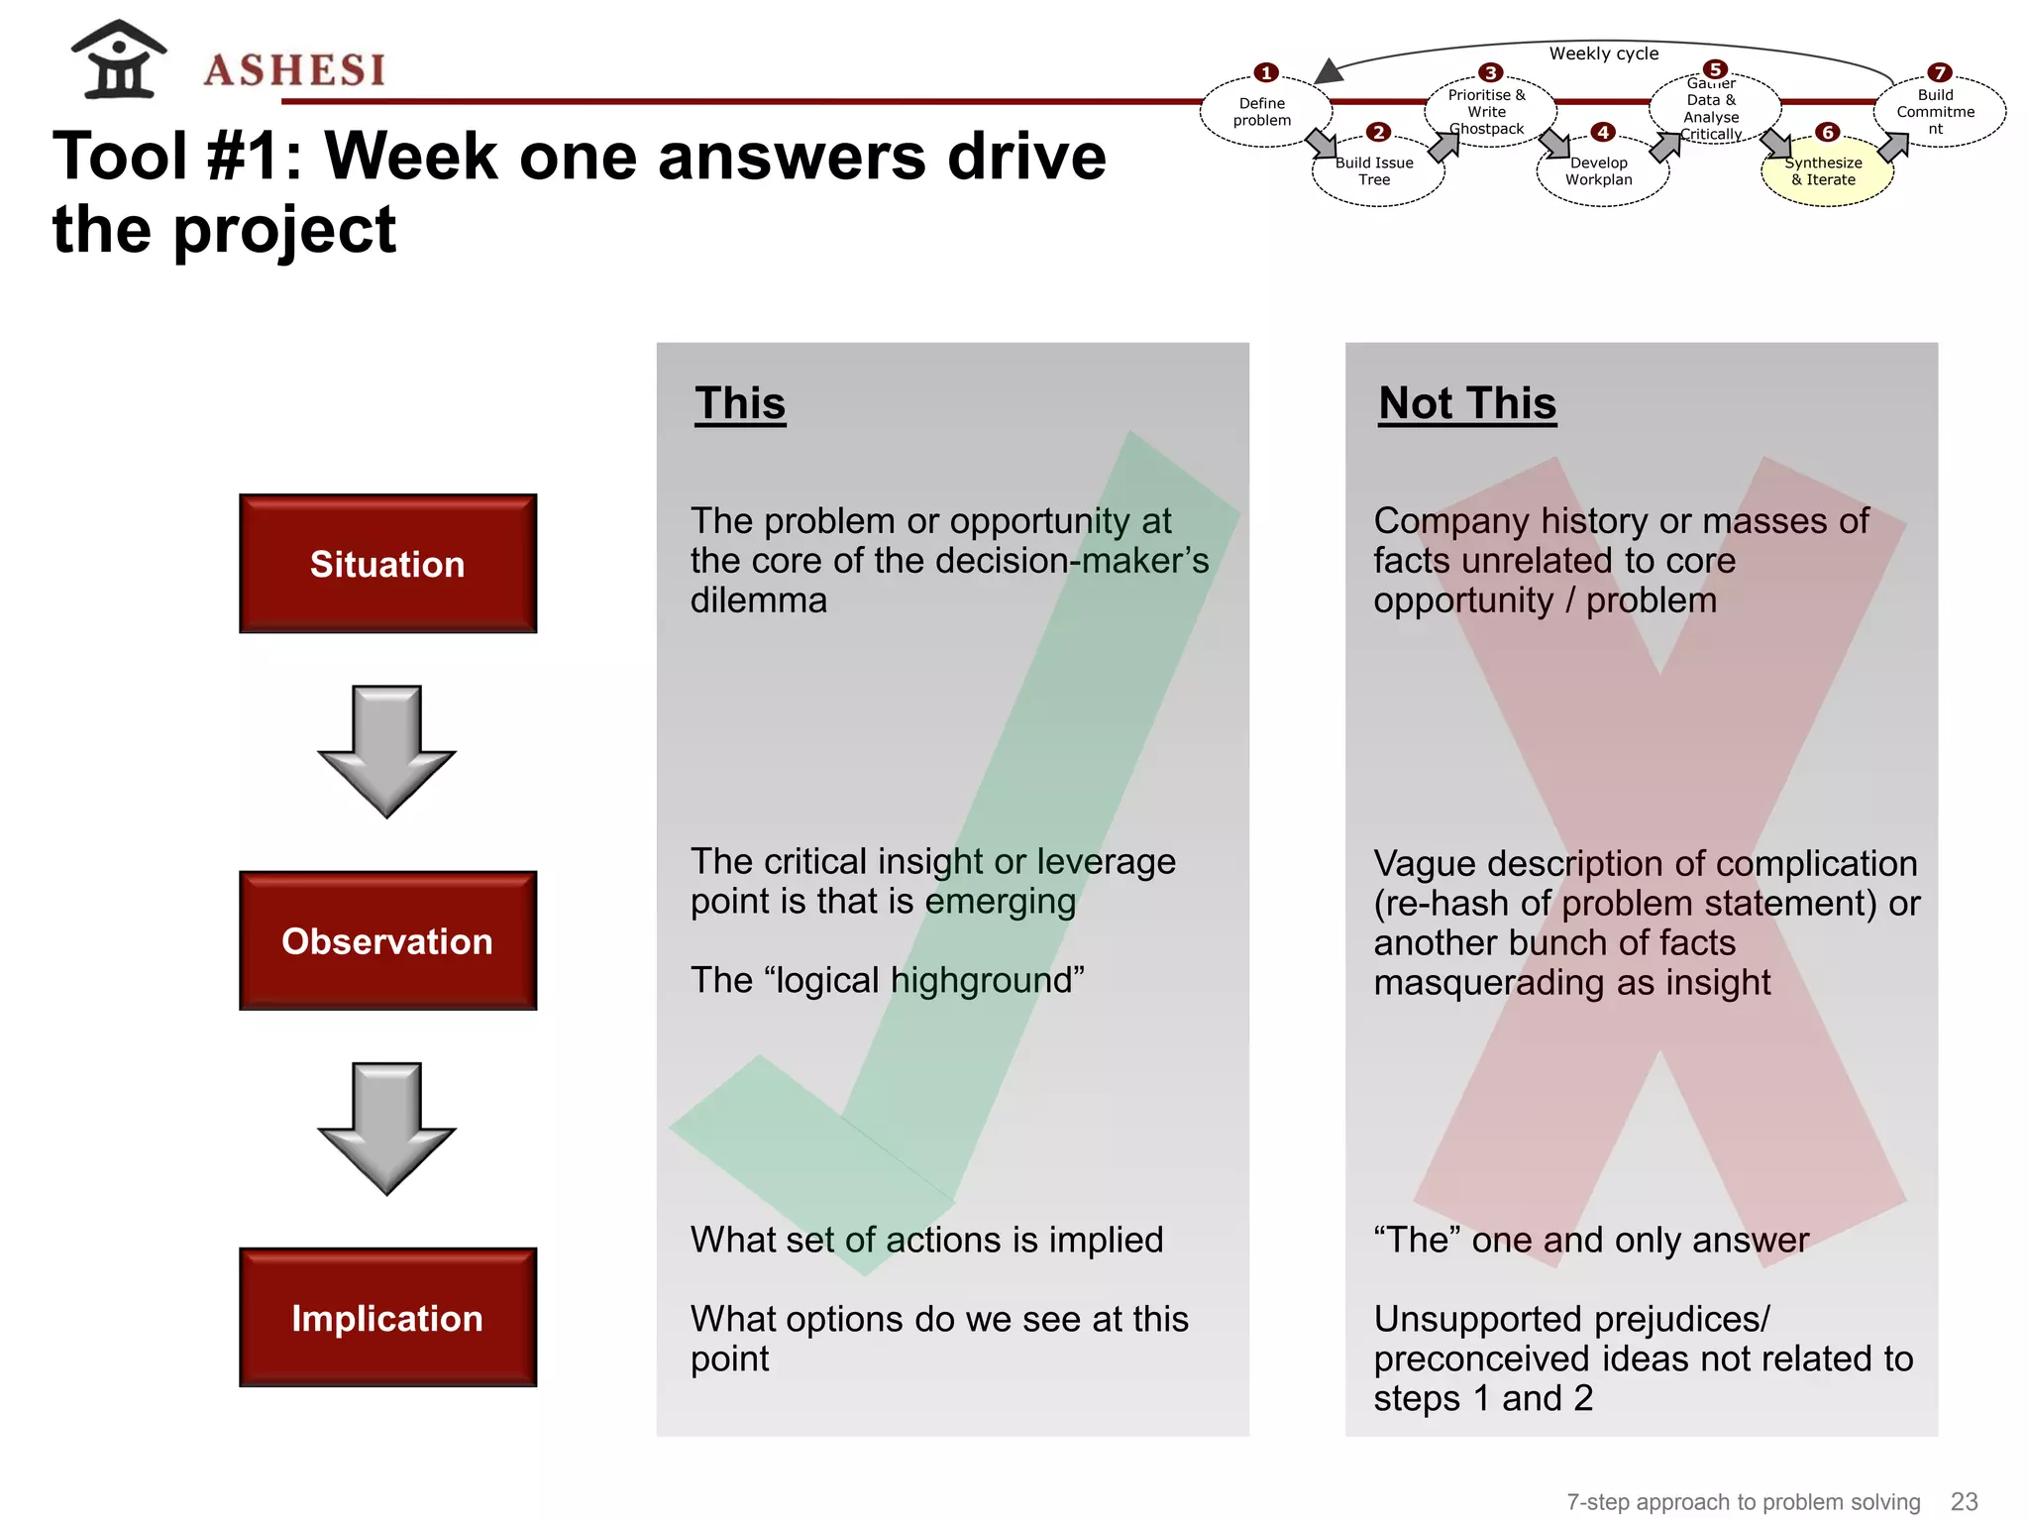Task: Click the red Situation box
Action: point(387,563)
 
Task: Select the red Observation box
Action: point(387,940)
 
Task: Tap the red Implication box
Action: point(387,1317)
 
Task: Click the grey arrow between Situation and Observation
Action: point(386,750)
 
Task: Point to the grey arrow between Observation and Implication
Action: point(386,1128)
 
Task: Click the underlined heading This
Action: point(740,403)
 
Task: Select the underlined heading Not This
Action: point(1467,403)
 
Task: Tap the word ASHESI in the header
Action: point(294,70)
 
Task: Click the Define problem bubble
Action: point(1262,112)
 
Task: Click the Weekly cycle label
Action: point(1604,54)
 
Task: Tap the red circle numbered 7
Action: point(1939,72)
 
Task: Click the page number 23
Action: point(1964,1501)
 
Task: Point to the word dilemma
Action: point(759,600)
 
